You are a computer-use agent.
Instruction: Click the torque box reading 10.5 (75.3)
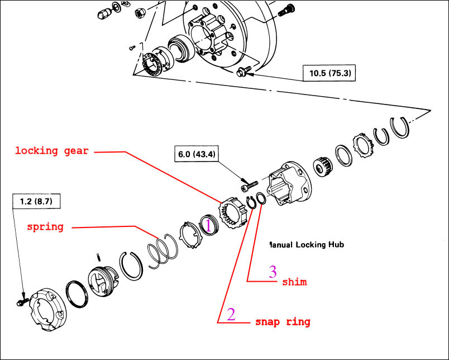[329, 73]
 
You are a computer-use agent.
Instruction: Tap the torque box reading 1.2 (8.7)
[36, 200]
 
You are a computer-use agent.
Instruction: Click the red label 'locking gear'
[51, 151]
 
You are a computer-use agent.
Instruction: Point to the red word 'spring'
[45, 227]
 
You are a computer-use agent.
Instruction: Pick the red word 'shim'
[294, 282]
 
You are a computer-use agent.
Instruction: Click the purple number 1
[208, 225]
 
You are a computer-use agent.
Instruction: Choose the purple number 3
[273, 272]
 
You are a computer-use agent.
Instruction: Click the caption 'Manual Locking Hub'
[306, 245]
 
